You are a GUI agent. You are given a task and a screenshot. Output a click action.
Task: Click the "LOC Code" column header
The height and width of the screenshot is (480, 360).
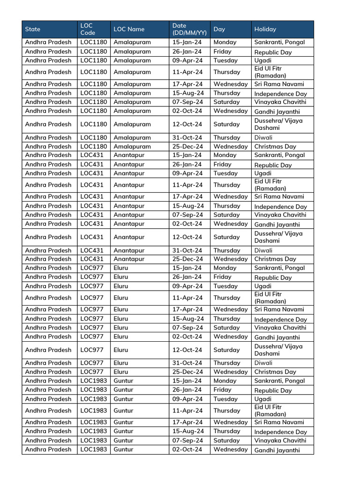coord(87,29)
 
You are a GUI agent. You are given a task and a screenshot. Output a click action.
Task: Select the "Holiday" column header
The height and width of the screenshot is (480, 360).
coord(265,29)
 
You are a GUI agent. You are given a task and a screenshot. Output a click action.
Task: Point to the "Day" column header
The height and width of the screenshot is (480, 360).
coord(219,29)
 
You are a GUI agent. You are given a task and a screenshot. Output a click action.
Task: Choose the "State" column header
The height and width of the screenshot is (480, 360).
coord(33,29)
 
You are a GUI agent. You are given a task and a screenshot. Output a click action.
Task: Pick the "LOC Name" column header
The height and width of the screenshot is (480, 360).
coord(129,29)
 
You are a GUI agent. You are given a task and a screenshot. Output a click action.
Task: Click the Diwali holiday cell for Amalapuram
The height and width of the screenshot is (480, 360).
coord(263,138)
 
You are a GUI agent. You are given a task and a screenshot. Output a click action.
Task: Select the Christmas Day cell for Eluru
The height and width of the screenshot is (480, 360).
coord(275,372)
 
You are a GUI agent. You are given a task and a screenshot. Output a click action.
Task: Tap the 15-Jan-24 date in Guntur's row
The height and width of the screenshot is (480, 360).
coord(187,381)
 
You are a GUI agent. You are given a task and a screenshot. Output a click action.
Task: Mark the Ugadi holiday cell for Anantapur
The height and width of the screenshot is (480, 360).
coord(263,173)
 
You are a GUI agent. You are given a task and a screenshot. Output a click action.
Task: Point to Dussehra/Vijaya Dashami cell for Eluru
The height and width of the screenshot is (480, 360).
coord(278,350)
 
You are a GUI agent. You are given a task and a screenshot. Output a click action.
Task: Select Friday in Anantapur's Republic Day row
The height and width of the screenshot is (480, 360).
coord(223,165)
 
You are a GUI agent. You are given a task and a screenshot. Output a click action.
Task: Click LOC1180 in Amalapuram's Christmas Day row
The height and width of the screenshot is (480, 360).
coord(93,146)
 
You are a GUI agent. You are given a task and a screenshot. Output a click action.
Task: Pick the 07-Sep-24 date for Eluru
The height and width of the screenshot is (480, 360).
coord(187,328)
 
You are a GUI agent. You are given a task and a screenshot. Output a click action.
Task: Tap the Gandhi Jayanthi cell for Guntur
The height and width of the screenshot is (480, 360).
coord(277,450)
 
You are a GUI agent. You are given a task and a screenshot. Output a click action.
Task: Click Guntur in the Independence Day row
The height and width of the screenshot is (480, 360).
coord(123,431)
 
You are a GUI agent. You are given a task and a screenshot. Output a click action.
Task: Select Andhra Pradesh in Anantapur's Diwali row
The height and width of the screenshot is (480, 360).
coord(48,250)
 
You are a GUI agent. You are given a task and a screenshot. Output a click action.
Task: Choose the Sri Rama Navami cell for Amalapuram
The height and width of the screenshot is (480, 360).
coord(279,84)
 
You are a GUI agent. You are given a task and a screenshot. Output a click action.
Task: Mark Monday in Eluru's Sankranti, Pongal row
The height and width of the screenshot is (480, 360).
coord(225,268)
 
